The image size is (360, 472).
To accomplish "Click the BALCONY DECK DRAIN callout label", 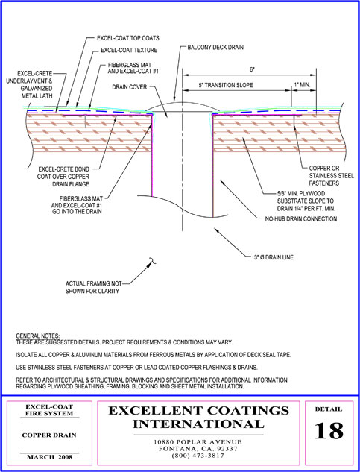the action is point(215,48).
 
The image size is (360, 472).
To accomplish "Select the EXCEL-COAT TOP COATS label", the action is point(128,39).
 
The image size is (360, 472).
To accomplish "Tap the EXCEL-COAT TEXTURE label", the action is point(129,50).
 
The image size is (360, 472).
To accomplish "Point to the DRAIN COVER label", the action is point(130,87).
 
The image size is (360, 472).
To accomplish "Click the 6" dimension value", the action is point(252,69).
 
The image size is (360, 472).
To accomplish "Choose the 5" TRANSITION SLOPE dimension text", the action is point(226,85).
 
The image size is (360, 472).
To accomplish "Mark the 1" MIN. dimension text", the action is point(302,85).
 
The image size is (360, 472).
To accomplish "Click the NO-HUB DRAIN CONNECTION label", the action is point(300,218).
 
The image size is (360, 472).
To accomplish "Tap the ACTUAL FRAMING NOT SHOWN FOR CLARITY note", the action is point(94,288).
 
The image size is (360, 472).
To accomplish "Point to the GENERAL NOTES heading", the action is point(38,336).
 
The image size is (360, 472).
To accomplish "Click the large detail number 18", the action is point(329,431).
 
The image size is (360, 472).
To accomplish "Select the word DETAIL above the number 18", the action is point(329,409).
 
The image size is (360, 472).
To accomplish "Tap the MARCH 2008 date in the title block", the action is point(50,457).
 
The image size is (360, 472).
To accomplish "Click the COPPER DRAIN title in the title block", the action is point(50,435).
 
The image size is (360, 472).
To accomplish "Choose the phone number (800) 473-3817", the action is point(198,456).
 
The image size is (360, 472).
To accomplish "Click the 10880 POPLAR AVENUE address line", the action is point(198,442).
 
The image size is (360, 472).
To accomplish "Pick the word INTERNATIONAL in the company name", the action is point(198,424).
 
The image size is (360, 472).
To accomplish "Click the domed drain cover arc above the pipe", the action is point(182,102).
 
